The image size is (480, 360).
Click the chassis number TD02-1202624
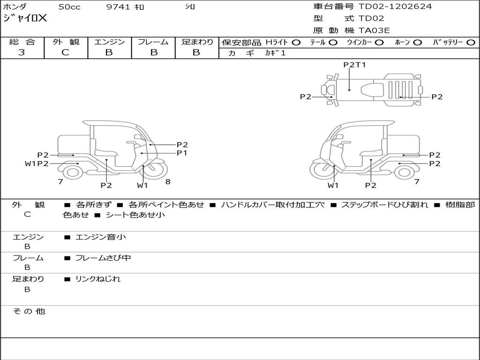point(395,7)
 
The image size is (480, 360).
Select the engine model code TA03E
point(374,31)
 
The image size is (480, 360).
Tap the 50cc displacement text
point(69,7)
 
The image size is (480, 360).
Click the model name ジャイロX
point(25,19)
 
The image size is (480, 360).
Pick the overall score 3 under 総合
point(22,52)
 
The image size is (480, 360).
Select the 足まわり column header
point(197,42)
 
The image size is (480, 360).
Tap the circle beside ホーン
point(417,42)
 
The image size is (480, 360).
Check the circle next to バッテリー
point(471,42)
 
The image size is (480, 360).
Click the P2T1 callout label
point(354,65)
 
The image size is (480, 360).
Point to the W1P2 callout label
point(37,164)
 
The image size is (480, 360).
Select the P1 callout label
point(182,153)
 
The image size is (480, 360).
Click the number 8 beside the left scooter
point(168,181)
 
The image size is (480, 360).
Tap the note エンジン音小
point(100,237)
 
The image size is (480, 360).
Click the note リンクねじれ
point(98,279)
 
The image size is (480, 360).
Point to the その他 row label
point(29,311)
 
